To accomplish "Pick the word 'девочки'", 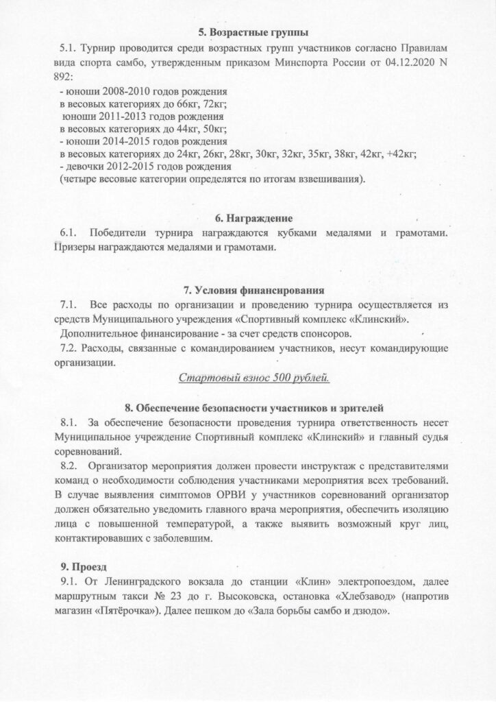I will (x=85, y=167).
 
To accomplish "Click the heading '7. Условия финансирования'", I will (x=248, y=289).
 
